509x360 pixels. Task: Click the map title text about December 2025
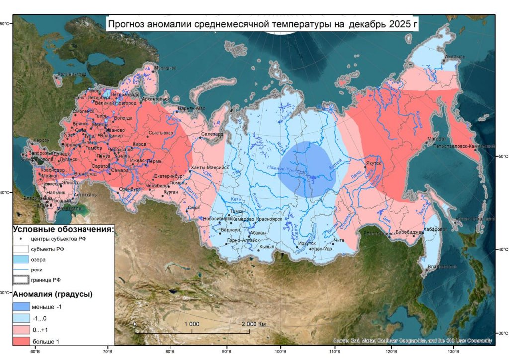[263, 23]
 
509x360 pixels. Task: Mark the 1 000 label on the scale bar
[192, 324]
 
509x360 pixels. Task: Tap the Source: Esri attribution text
[412, 341]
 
